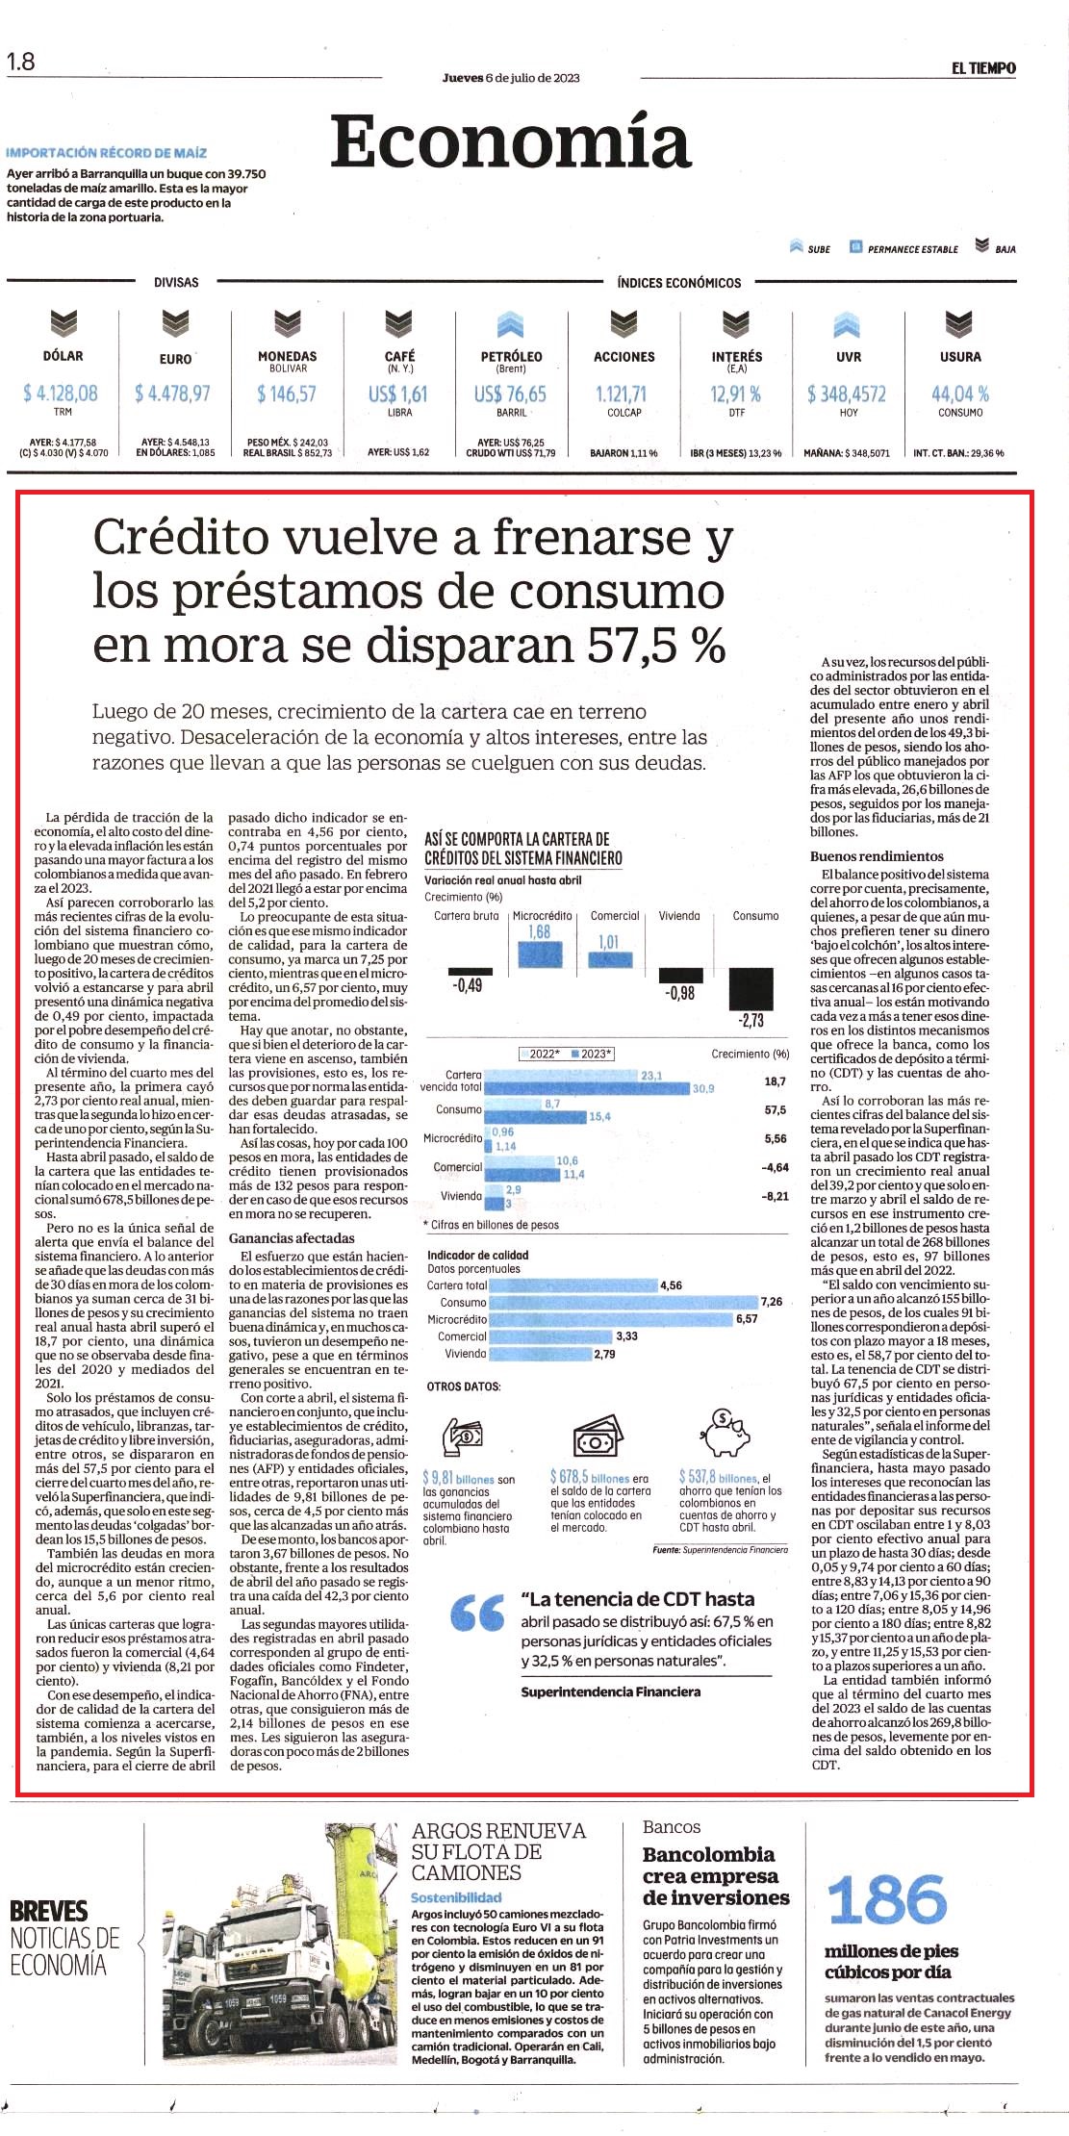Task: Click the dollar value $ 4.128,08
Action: [x=61, y=393]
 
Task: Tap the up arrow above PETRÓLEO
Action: [x=511, y=324]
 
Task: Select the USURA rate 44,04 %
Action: [x=959, y=394]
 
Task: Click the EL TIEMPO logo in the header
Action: [x=983, y=68]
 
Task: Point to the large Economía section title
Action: [x=511, y=142]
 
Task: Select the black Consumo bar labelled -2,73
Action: [x=751, y=989]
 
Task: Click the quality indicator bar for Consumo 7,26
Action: [x=623, y=1302]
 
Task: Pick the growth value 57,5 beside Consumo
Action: [x=775, y=1109]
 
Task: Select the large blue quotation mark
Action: [x=476, y=1614]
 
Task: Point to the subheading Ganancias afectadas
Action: [x=292, y=1238]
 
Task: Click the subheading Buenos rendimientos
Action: [x=877, y=856]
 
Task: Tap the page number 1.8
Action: [x=20, y=62]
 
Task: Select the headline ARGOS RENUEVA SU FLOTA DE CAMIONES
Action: [x=498, y=1852]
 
